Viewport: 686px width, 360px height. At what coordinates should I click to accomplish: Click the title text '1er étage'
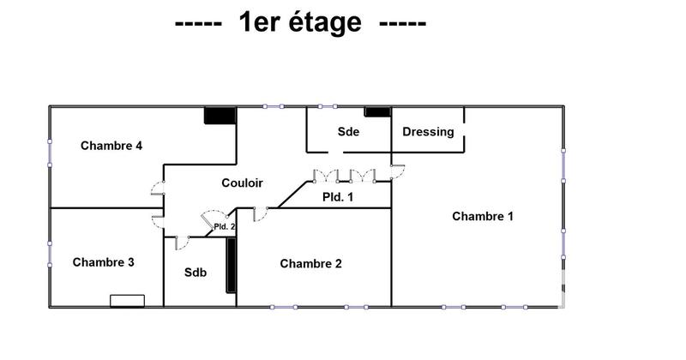click(299, 23)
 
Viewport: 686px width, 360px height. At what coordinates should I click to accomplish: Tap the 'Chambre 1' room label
click(482, 216)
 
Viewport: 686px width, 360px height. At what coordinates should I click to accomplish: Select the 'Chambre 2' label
click(310, 263)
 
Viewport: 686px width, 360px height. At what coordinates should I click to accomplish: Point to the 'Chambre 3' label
click(103, 262)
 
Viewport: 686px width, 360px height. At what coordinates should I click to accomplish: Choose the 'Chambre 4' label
click(111, 145)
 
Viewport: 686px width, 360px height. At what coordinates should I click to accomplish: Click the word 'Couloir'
click(242, 183)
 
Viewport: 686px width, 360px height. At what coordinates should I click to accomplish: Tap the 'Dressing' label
click(428, 132)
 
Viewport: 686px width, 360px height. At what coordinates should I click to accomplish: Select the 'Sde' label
click(348, 132)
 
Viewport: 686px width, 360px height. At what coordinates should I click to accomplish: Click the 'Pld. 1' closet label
click(338, 197)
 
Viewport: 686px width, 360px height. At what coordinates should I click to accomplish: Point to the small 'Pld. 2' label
click(224, 227)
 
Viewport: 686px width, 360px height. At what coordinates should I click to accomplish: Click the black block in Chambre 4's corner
click(220, 115)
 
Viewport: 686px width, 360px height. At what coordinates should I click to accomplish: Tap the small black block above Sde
click(376, 111)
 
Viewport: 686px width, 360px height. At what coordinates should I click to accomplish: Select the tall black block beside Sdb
click(231, 266)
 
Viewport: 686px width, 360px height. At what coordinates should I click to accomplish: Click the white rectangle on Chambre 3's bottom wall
click(127, 299)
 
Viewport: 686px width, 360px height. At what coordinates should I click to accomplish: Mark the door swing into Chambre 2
click(261, 214)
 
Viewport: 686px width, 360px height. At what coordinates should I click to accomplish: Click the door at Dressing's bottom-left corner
click(397, 171)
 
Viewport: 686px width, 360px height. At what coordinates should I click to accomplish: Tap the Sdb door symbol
click(182, 243)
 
